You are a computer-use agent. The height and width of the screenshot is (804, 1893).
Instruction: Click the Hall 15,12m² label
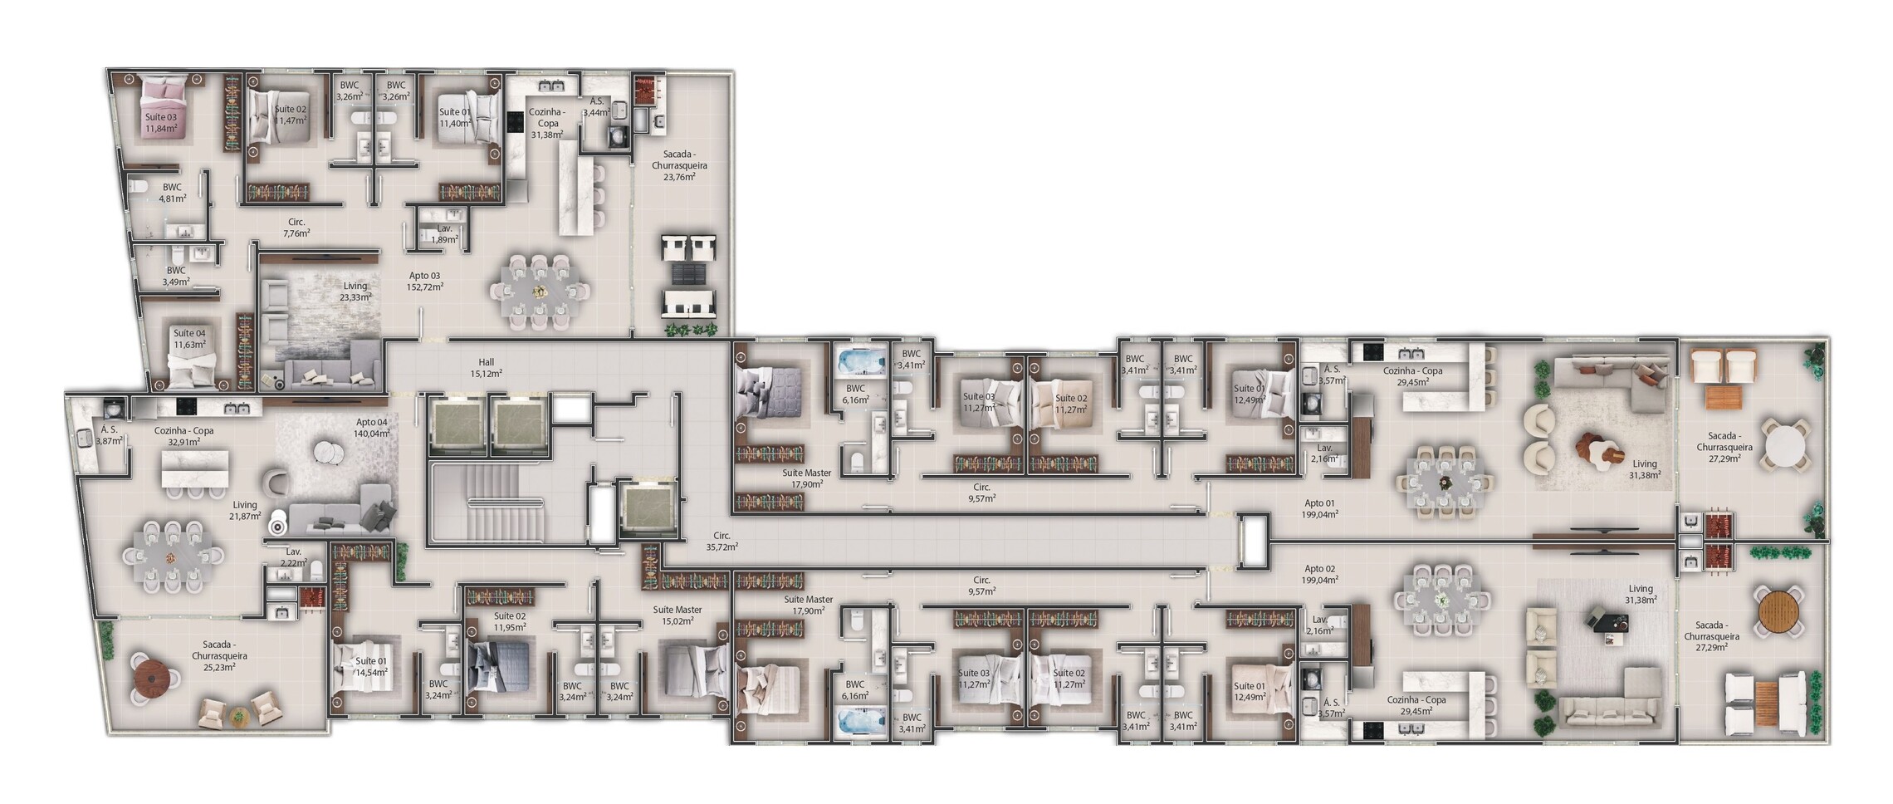(x=486, y=368)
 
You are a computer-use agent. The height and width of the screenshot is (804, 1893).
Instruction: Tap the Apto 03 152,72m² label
(x=424, y=281)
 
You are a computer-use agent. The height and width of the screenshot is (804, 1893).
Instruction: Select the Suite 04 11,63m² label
(x=188, y=339)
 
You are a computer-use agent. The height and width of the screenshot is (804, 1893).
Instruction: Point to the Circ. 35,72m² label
(x=721, y=542)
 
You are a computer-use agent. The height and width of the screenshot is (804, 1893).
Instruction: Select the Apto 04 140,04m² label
(x=371, y=428)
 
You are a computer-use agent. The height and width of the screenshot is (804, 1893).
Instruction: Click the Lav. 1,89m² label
(x=444, y=233)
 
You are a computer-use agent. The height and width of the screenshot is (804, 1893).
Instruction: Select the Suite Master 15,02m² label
(x=677, y=615)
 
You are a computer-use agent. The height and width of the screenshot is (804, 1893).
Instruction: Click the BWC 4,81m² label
(x=172, y=193)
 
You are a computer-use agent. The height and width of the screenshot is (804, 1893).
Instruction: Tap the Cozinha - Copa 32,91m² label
(x=183, y=436)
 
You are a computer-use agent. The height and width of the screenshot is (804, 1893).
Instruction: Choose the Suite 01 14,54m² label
(x=370, y=666)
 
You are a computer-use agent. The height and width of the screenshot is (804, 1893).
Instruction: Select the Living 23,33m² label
(x=355, y=291)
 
